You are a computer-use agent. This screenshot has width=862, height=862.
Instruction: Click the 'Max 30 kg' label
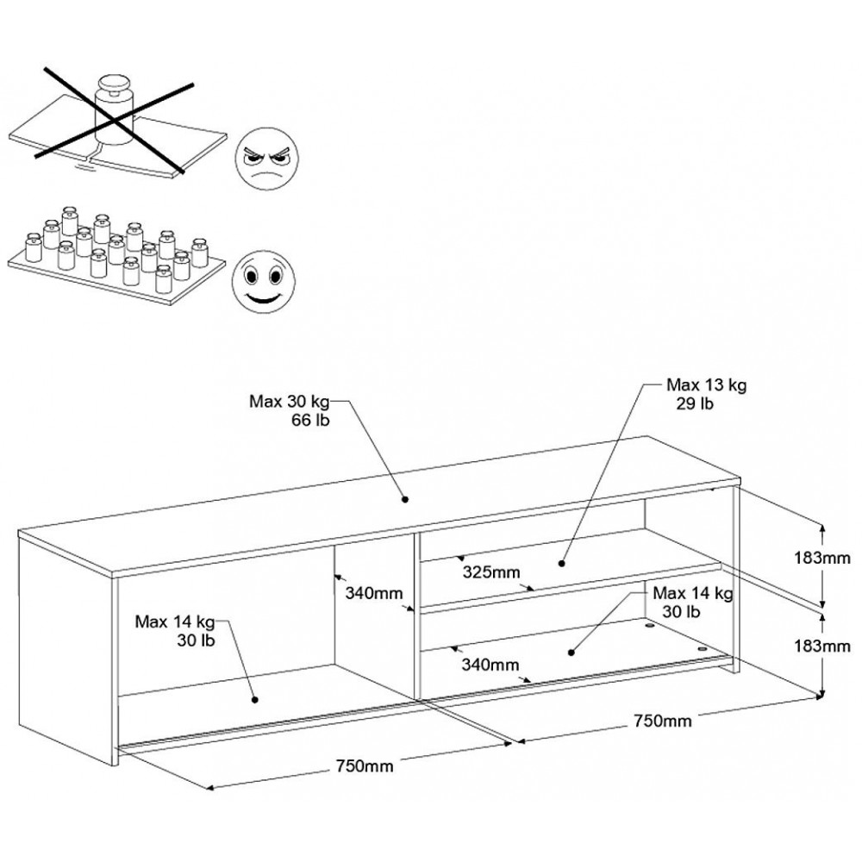(x=289, y=401)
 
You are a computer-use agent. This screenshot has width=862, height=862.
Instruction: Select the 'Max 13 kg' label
(x=706, y=385)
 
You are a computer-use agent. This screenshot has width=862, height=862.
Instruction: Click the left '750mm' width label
(x=359, y=765)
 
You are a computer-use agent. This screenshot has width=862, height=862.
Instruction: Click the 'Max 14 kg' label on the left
(x=176, y=622)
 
